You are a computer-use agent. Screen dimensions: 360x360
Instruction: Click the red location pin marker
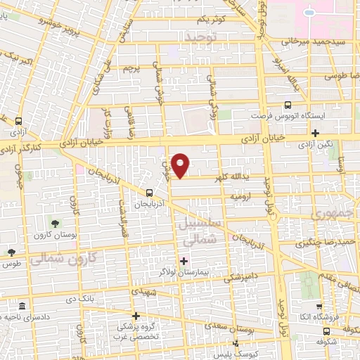point(181,165)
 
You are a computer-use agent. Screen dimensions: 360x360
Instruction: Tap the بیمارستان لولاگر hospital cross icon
point(184,262)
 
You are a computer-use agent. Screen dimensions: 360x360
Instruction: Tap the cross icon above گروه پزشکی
point(136,316)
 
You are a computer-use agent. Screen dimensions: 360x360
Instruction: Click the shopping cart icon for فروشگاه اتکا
point(319,307)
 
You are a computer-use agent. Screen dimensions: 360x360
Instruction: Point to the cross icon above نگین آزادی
point(316,133)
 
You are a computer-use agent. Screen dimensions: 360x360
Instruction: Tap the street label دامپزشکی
point(237,277)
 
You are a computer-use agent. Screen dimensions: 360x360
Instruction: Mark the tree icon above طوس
point(11,252)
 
